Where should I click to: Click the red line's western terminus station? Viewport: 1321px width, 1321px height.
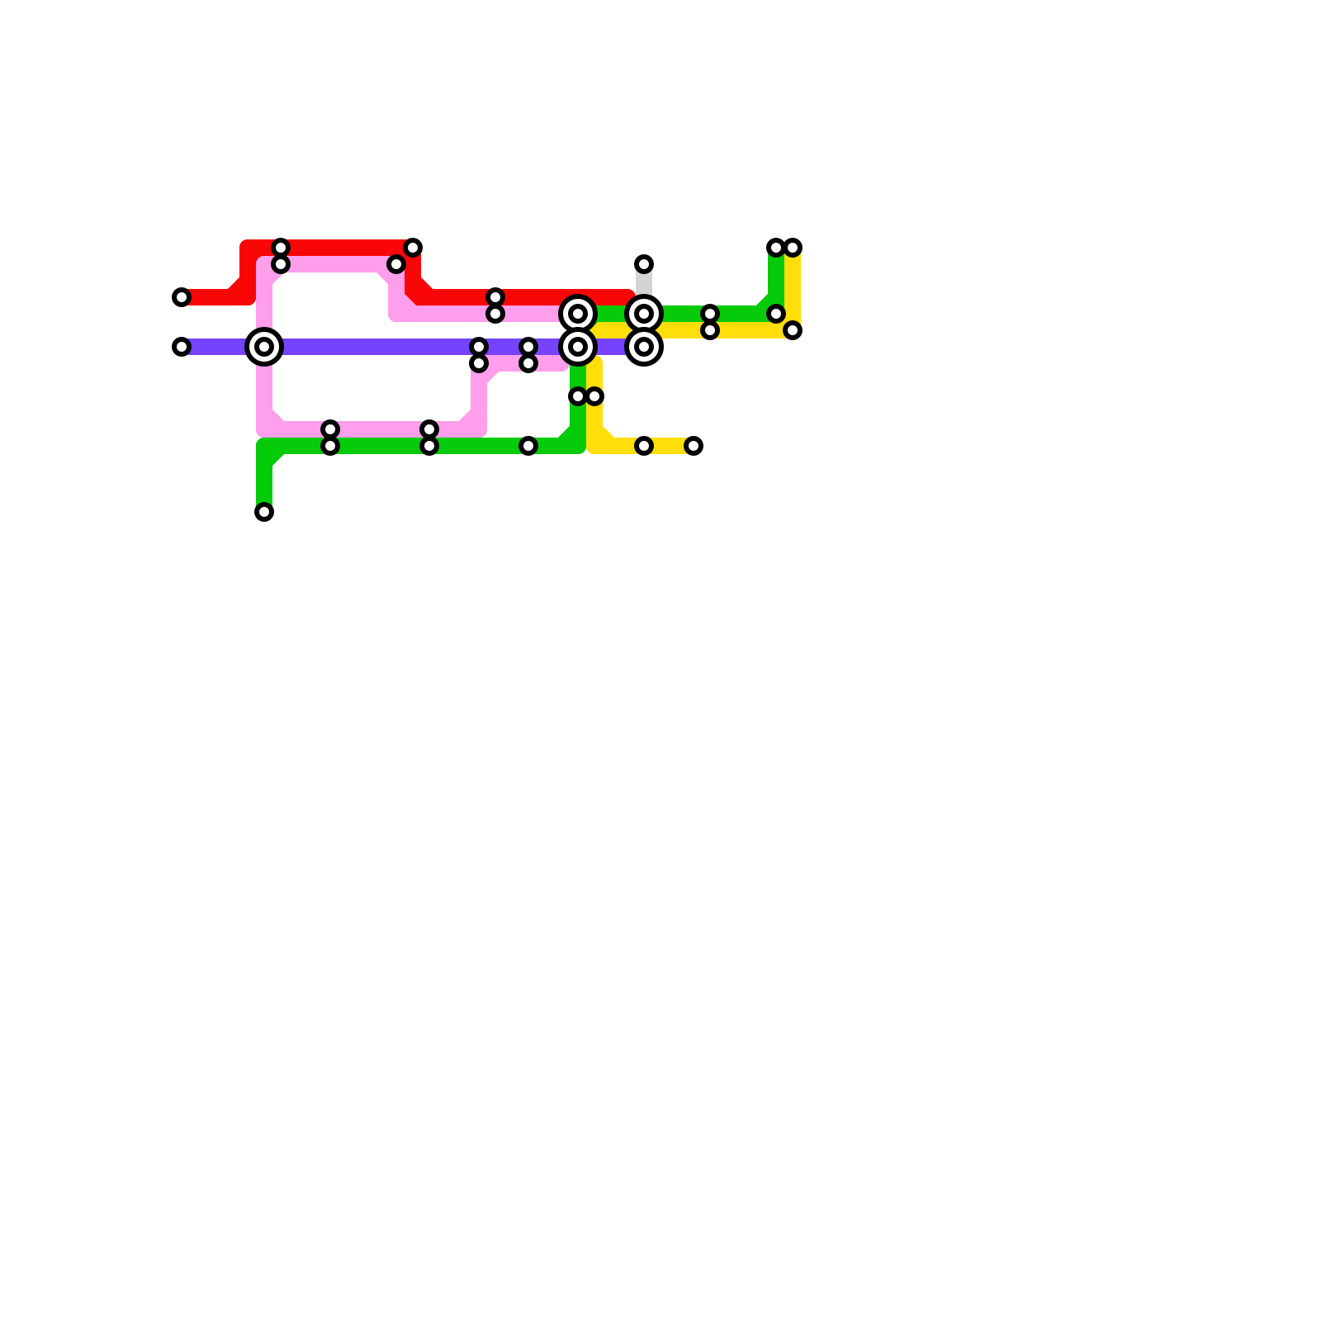click(182, 297)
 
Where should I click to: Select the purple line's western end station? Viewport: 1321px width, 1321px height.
click(182, 347)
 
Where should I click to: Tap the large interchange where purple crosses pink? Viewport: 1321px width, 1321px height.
click(264, 347)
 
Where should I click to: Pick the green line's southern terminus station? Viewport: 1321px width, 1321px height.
click(264, 512)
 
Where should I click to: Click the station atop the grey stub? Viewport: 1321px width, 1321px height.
click(644, 264)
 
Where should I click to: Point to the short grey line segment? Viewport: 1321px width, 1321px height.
click(644, 282)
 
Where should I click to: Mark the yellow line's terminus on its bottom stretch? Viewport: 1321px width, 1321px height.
click(694, 446)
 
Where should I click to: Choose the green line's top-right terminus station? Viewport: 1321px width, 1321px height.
click(775, 248)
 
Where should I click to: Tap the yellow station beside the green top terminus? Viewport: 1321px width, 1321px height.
click(793, 248)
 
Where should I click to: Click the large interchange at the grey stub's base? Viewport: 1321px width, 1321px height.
click(644, 314)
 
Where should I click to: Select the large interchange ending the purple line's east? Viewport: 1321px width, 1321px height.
click(644, 347)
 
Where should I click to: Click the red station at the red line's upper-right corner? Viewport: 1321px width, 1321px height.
click(413, 248)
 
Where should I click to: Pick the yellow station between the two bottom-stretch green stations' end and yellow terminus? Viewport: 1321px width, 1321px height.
click(644, 446)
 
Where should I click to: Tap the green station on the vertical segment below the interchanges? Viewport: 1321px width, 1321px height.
click(577, 396)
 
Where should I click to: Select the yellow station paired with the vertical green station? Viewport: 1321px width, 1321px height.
click(595, 396)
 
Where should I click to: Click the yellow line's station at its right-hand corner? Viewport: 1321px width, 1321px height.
click(793, 330)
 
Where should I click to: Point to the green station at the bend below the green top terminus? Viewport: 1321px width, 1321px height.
click(776, 314)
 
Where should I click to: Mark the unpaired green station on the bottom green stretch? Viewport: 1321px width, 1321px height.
click(528, 446)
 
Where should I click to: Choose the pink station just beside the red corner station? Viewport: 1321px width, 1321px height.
click(396, 264)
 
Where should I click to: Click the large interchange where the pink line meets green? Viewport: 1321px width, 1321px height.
click(578, 314)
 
